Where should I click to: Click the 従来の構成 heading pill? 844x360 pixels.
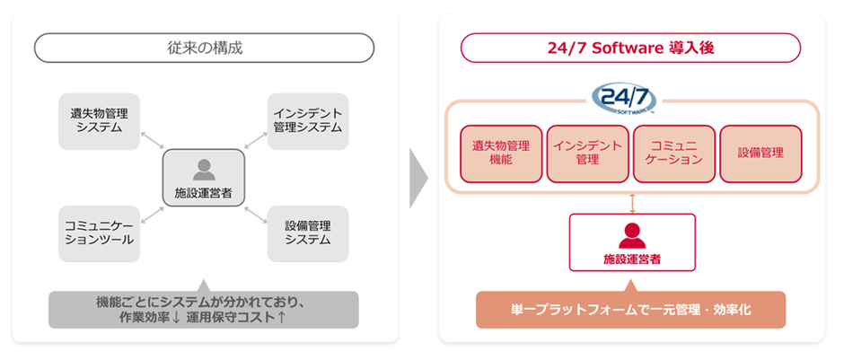click(204, 48)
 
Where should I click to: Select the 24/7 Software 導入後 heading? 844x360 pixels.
click(630, 48)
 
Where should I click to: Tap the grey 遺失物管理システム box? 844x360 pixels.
click(99, 121)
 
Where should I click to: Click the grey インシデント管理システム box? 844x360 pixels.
click(308, 121)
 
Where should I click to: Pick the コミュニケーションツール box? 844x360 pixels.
click(99, 233)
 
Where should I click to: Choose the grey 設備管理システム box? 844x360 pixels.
click(308, 233)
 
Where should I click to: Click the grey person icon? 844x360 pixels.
click(204, 170)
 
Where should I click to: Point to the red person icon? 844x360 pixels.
click(632, 236)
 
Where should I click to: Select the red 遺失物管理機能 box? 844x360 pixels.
click(501, 154)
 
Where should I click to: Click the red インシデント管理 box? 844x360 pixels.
click(588, 154)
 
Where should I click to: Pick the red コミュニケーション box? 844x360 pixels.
click(674, 154)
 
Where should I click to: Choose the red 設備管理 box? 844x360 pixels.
click(760, 154)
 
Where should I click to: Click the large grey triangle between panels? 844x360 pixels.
click(418, 178)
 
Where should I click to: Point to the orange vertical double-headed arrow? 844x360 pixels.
click(632, 204)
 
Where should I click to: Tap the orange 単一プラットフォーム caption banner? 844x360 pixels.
click(631, 310)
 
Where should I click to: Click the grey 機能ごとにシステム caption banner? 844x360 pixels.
click(204, 310)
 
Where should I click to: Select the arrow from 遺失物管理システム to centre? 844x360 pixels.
click(151, 139)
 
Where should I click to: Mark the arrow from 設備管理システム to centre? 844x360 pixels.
click(256, 215)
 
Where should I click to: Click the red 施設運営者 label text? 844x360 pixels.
click(632, 259)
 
